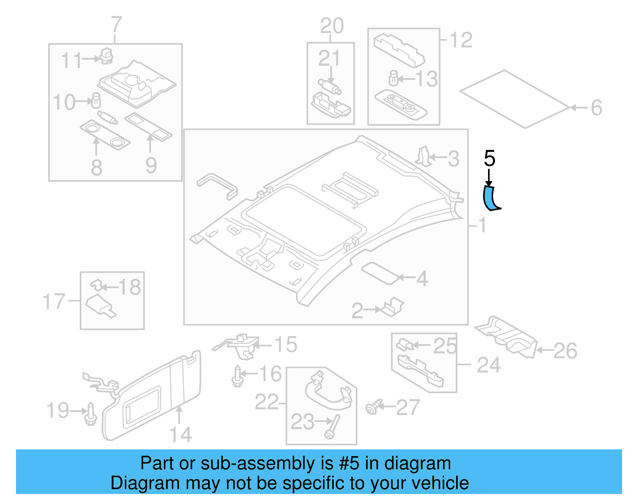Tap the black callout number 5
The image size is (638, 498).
(x=489, y=159)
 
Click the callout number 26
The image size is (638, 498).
(x=565, y=351)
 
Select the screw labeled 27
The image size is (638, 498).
(x=373, y=407)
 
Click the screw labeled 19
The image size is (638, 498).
(x=91, y=415)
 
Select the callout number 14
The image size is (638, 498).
(x=180, y=435)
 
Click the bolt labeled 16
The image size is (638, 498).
(x=237, y=376)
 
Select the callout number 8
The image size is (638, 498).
(x=96, y=167)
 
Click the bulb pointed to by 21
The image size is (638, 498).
(x=329, y=87)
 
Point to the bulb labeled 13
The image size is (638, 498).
(x=394, y=79)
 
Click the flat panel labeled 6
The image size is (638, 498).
(x=514, y=99)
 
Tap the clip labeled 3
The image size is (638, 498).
(x=423, y=156)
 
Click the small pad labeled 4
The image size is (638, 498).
(x=380, y=273)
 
